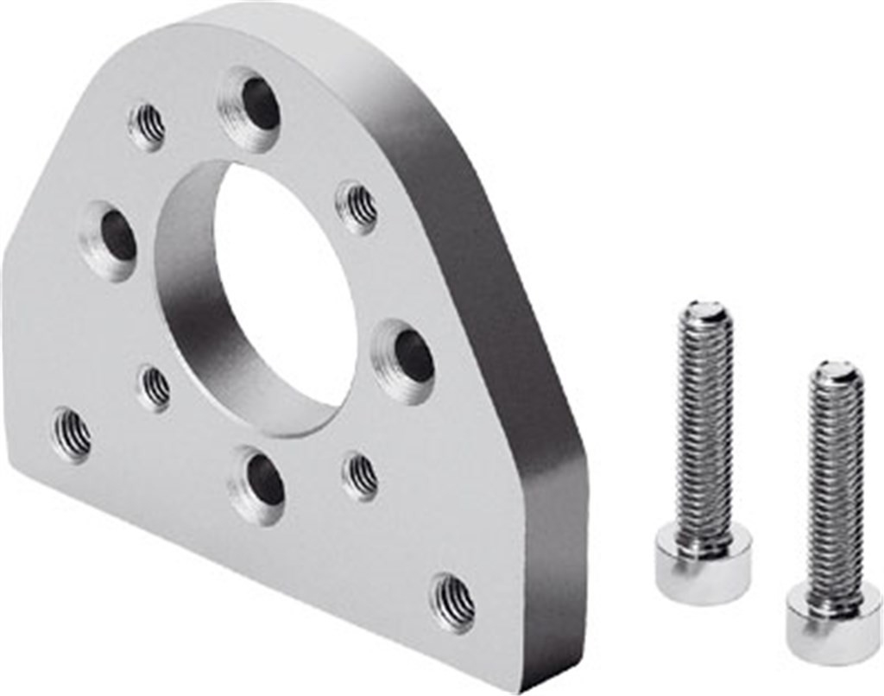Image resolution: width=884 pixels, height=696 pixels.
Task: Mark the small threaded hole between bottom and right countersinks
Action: pos(361,476)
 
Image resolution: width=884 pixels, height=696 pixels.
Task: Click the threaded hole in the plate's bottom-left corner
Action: pos(73,433)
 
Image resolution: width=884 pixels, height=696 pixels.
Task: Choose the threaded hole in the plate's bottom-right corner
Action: pos(453,601)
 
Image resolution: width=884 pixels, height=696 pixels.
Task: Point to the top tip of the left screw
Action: pos(706,310)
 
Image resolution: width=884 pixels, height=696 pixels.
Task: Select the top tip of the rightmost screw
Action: pos(837,372)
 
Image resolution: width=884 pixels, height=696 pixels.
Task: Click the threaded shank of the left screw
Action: pos(704,423)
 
